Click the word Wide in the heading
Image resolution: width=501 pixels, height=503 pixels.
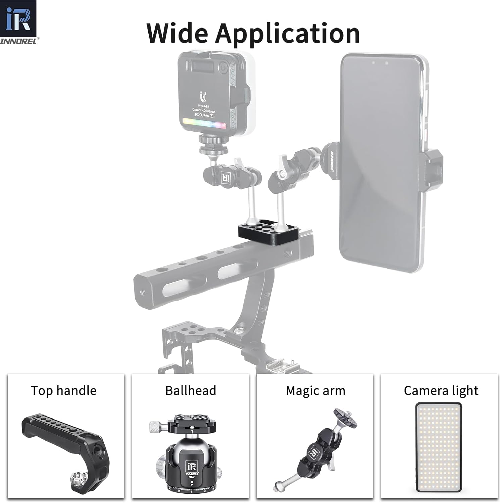[177, 33]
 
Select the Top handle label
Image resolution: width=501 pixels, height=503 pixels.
[63, 391]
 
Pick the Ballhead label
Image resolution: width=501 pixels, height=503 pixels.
[191, 391]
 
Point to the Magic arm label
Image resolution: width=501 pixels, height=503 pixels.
[315, 391]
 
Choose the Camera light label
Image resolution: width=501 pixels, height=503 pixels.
[441, 391]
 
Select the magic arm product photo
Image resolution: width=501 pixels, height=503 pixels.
[315, 449]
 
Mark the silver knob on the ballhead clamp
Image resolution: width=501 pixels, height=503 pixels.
[156, 427]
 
